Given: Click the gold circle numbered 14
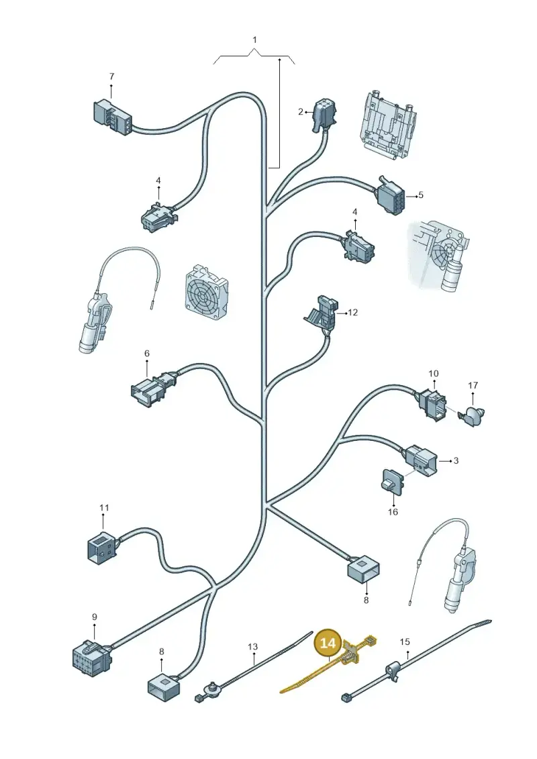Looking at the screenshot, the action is tap(328, 644).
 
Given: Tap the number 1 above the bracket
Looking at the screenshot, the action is tap(254, 40).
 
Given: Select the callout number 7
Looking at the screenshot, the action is tap(111, 77).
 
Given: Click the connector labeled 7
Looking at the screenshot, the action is tap(112, 117).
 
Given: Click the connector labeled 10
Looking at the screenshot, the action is tap(431, 402).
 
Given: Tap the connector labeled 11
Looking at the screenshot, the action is tap(102, 548).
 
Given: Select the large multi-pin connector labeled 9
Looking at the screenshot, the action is tap(92, 657).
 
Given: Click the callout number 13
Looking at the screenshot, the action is tap(253, 647).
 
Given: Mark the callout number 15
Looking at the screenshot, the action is tap(405, 642).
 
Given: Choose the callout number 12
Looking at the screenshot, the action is tap(353, 312).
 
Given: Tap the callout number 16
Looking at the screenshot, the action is tap(393, 511).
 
